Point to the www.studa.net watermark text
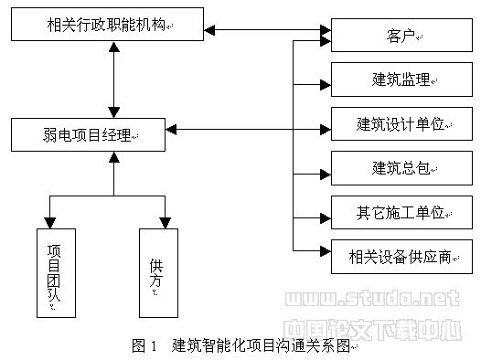371,299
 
